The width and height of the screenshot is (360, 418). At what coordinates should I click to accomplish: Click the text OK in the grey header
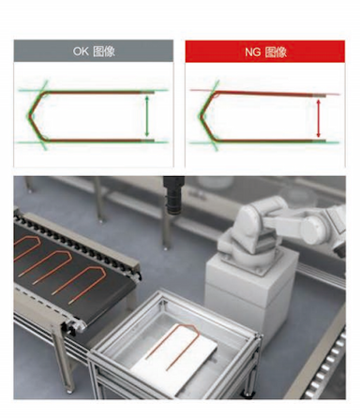point(81,52)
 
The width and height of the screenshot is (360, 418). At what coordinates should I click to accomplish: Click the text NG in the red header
point(252,52)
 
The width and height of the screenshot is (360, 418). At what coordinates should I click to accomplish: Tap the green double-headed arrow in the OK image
point(147,116)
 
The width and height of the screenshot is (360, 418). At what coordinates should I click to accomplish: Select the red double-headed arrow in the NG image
point(318,118)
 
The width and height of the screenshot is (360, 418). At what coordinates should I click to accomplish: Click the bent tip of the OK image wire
point(30,116)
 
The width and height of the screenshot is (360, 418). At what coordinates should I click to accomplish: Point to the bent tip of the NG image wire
point(202,117)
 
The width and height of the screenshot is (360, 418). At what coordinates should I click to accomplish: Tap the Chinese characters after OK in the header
point(104,52)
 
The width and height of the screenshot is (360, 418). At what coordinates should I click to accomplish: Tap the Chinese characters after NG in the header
point(276,52)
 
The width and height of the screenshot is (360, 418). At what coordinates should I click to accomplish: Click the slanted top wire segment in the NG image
point(270,93)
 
